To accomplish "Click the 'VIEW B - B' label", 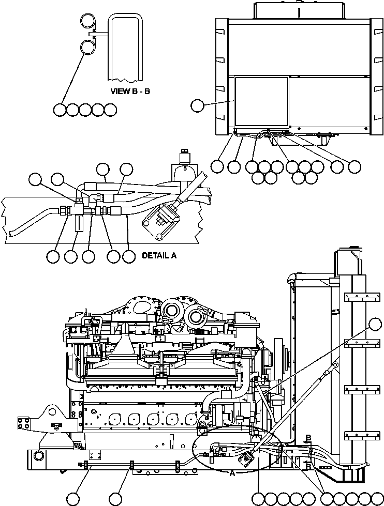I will (130, 91).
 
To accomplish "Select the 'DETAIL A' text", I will (158, 255).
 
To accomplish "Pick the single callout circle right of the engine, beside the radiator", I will (376, 325).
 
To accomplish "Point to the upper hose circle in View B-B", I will (87, 21).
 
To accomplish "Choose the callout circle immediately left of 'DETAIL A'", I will (129, 256).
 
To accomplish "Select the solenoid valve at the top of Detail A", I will (183, 160).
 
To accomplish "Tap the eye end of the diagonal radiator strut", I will (335, 365).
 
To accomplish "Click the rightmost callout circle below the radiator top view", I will (355, 166).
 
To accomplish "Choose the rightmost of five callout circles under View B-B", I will (110, 110).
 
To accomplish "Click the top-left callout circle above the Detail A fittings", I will (35, 179).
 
